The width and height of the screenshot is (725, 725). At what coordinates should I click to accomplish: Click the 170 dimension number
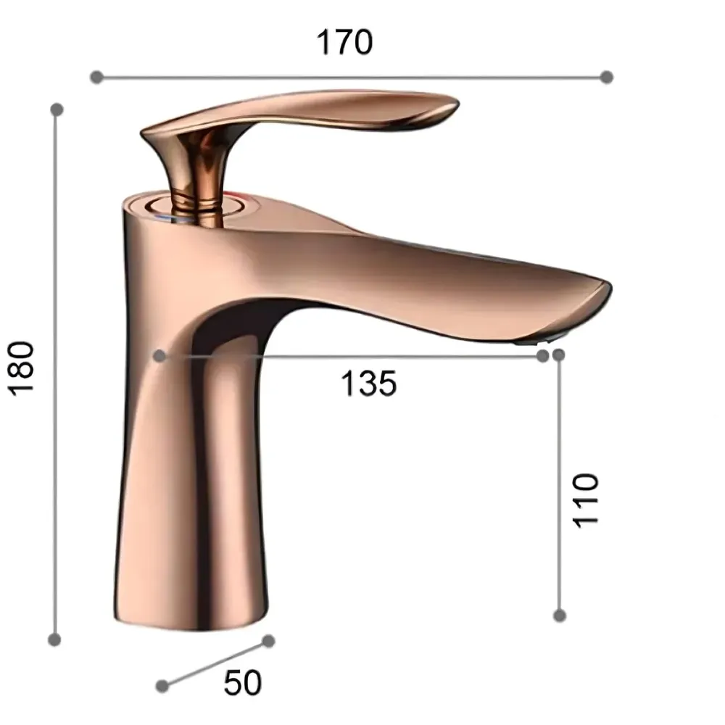(344, 43)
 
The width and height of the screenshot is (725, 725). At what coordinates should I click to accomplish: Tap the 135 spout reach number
(369, 384)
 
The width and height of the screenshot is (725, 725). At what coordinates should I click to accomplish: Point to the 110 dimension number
(586, 500)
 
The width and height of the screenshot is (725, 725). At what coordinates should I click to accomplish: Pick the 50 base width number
(242, 682)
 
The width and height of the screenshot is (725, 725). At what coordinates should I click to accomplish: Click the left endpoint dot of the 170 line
(96, 77)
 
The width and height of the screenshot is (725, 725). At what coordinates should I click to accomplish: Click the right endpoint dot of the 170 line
(607, 77)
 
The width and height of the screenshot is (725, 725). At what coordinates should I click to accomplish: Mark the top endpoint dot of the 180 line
(56, 109)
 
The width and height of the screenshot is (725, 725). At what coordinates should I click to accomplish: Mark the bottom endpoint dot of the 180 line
(54, 639)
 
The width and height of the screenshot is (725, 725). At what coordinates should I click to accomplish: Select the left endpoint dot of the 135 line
(160, 355)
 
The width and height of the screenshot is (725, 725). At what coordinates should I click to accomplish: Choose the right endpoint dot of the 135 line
(542, 355)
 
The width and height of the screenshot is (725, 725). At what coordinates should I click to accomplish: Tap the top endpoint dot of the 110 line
(558, 355)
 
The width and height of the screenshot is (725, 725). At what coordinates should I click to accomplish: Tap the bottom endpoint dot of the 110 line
(559, 615)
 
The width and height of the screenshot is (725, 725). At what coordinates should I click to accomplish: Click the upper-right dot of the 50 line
(268, 641)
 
